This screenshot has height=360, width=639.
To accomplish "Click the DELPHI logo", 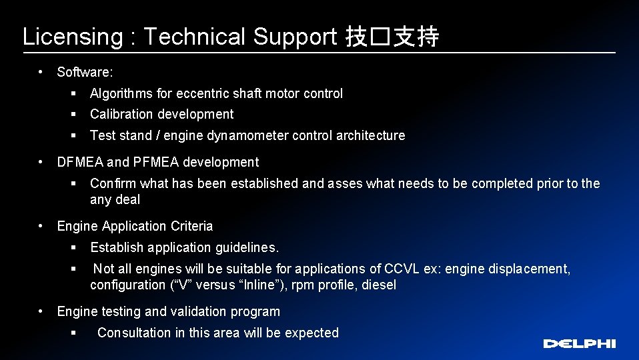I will tap(579, 343).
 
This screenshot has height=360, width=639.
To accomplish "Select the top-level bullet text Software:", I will tap(85, 72).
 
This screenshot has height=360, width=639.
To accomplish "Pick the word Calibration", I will tap(122, 114).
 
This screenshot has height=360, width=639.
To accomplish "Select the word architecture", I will tap(370, 135).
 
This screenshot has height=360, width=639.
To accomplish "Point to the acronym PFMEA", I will tap(155, 162).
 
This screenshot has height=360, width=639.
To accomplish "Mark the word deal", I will tap(128, 199).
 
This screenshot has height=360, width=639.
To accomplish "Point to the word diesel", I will tap(379, 285).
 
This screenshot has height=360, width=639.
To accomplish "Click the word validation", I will tap(198, 311).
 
